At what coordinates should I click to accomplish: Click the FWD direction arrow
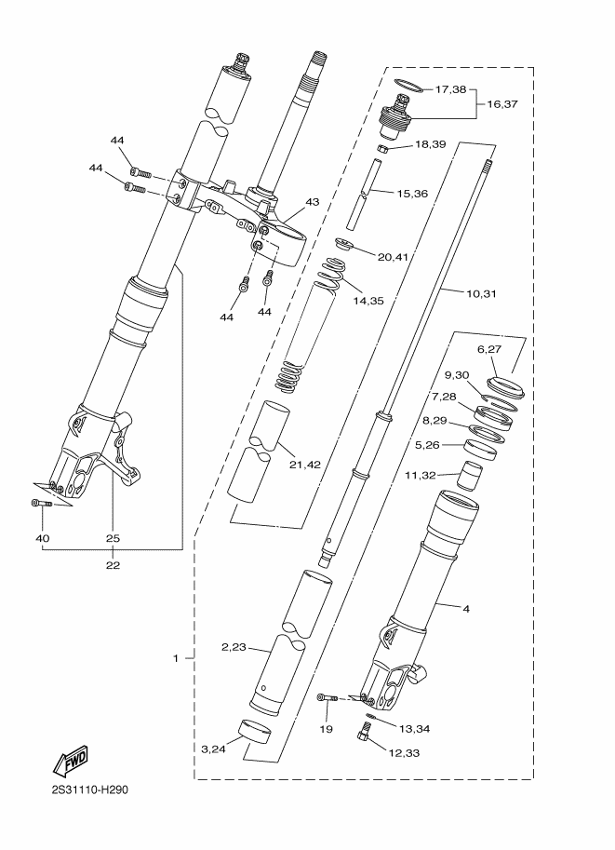tap(70, 762)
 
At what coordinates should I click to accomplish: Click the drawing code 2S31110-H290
tap(90, 789)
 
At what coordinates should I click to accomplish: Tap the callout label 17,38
tap(451, 89)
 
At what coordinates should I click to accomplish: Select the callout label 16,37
tap(502, 104)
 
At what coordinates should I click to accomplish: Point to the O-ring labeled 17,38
tap(408, 85)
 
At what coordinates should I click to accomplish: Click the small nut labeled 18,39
tap(381, 148)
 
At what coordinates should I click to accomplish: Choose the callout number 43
tap(312, 202)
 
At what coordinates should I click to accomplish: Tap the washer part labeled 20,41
tap(342, 244)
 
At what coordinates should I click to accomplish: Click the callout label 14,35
tap(368, 301)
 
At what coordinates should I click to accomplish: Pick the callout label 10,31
tap(481, 294)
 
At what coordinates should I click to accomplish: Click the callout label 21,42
tap(304, 465)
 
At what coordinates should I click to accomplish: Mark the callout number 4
tap(465, 609)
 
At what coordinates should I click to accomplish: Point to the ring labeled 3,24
tap(255, 733)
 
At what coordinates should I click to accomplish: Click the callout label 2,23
tap(234, 647)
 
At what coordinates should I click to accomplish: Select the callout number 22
tap(114, 565)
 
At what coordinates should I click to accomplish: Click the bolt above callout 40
tap(41, 504)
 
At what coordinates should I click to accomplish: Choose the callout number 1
tap(176, 658)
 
